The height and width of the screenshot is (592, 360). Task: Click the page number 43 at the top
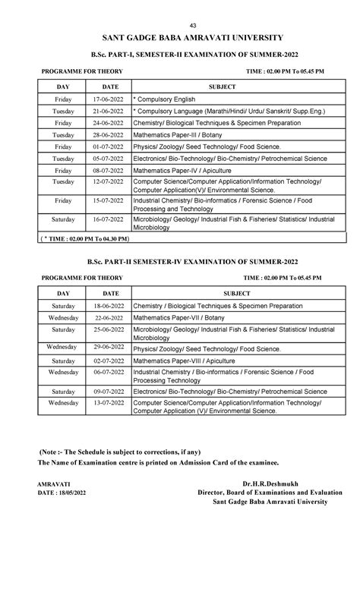click(180, 26)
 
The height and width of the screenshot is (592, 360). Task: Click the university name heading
click(180, 37)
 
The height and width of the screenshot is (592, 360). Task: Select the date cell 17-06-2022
click(110, 99)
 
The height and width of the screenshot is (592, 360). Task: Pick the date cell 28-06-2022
click(110, 134)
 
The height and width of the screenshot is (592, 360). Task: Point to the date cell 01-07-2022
click(110, 146)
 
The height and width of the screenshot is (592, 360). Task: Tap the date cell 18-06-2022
click(110, 306)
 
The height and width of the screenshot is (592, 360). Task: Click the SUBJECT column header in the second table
click(232, 292)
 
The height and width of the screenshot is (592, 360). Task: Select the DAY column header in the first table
click(63, 86)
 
